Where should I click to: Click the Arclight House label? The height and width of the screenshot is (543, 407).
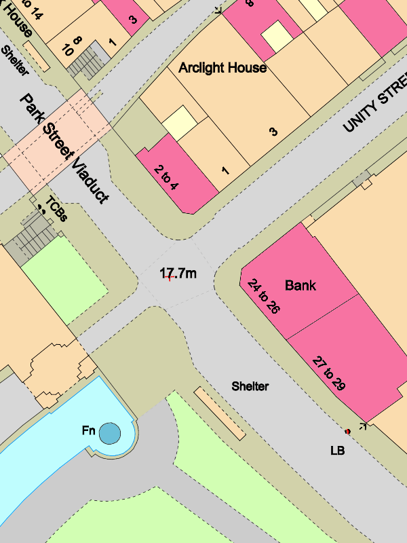point(222,68)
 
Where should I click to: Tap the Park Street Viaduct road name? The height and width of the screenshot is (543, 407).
point(65,148)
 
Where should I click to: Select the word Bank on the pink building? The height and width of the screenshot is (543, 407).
point(301,285)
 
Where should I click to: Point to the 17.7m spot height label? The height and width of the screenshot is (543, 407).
point(178,274)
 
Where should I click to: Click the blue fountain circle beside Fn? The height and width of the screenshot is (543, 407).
point(109,432)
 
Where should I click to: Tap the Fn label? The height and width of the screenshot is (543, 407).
point(88,430)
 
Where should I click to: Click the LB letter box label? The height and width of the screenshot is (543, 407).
point(337,450)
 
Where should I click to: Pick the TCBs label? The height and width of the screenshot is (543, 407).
point(57,209)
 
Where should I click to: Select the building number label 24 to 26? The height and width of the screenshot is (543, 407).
point(264,296)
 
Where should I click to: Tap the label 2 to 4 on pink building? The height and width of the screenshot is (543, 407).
point(166,178)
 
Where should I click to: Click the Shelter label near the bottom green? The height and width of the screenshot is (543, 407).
point(250,386)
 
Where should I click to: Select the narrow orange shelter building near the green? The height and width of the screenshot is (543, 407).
point(219,413)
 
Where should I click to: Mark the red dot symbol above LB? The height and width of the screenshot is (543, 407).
point(347,431)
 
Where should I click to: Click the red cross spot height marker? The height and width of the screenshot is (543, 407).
point(170,278)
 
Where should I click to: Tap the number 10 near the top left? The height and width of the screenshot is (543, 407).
point(68,50)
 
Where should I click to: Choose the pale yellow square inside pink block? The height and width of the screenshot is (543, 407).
point(276,37)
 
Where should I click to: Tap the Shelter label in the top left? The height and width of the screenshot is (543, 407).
point(15,61)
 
